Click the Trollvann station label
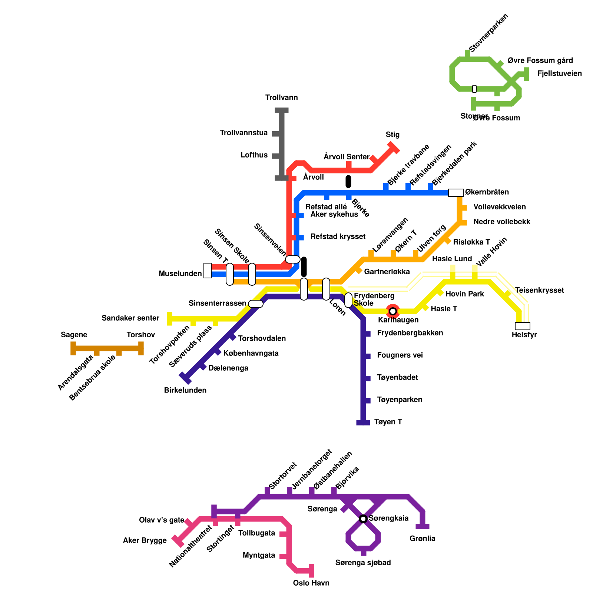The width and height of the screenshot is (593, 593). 281,98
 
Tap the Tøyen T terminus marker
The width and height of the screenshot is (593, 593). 363,423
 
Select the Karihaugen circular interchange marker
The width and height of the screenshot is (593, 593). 393,311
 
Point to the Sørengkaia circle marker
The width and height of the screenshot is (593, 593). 363,519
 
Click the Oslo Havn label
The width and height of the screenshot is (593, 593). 311,583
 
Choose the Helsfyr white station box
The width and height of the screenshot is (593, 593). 523,326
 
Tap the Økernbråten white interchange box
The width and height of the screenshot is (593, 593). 456,192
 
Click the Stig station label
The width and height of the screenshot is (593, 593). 392,135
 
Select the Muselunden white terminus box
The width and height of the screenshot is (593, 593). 208,271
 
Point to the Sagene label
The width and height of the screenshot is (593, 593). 74,335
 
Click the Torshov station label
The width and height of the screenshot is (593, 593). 140,335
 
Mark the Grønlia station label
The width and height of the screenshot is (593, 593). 423,539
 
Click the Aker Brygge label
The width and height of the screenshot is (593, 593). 145,540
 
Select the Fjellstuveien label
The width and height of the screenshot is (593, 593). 559,73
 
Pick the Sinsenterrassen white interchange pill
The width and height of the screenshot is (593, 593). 256,304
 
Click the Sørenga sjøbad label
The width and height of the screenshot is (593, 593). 363,563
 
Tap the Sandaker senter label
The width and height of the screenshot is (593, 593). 130,318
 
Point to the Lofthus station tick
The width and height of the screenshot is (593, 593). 276,156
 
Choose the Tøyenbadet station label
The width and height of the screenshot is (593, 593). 397,377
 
